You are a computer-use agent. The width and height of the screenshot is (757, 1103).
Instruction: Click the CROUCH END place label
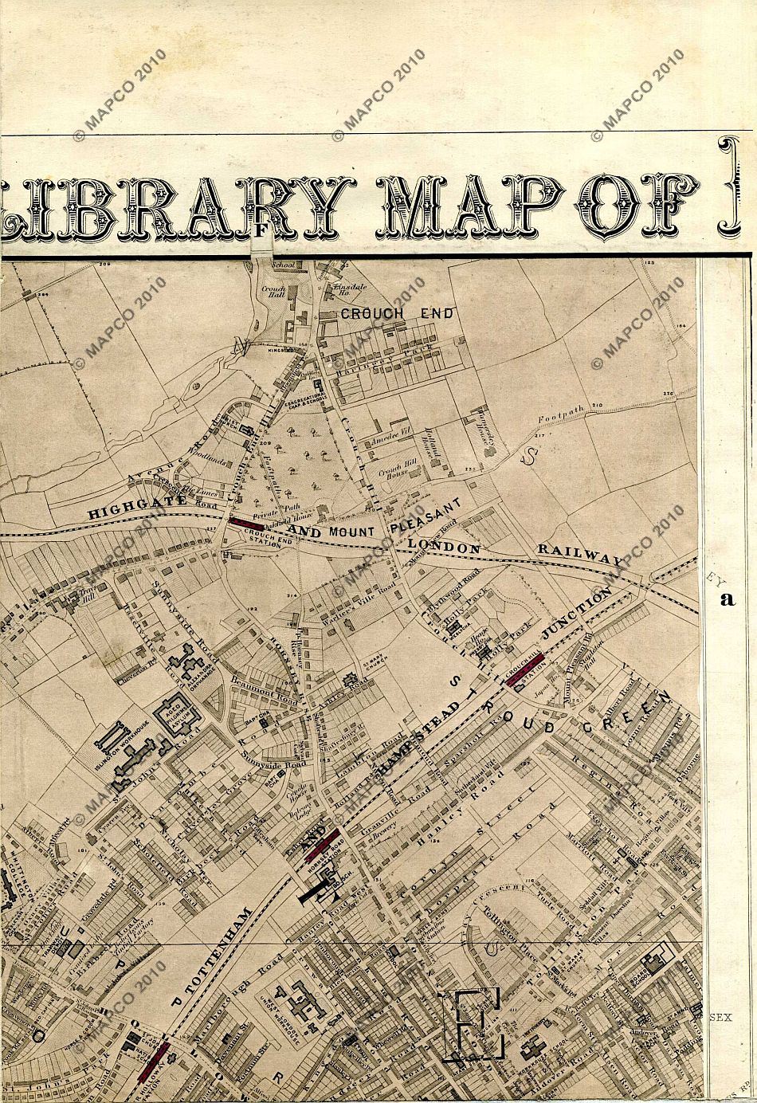click(x=397, y=313)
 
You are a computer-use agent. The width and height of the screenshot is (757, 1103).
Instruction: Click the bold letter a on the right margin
click(x=726, y=599)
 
